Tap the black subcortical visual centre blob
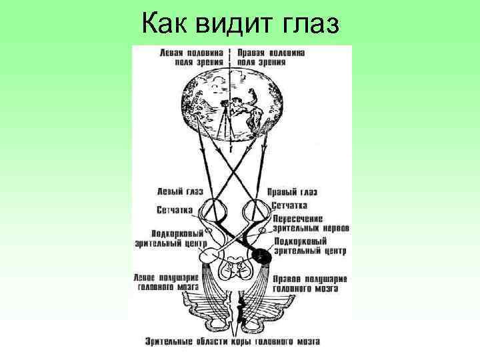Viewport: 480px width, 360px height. [261, 253]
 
